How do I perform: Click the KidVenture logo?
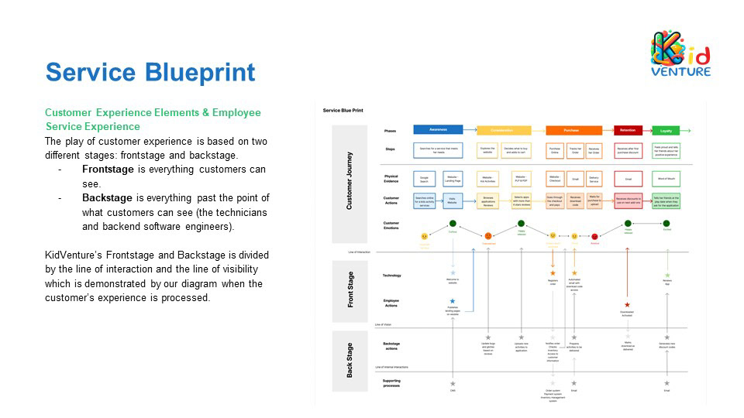(x=680, y=54)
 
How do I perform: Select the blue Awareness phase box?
(x=438, y=129)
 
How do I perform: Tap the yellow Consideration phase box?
(x=504, y=130)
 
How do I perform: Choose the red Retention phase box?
(x=627, y=130)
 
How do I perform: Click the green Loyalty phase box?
(x=666, y=130)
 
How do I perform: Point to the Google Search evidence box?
(x=425, y=179)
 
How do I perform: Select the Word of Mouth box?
(x=666, y=179)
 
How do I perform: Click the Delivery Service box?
(x=595, y=179)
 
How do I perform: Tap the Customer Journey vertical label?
(x=350, y=180)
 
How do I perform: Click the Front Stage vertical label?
(x=350, y=291)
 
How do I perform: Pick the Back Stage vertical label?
(x=350, y=361)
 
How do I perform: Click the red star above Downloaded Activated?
(x=627, y=305)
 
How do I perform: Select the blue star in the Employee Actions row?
(x=453, y=300)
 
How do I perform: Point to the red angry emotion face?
(x=594, y=236)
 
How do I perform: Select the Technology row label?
(x=392, y=276)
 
